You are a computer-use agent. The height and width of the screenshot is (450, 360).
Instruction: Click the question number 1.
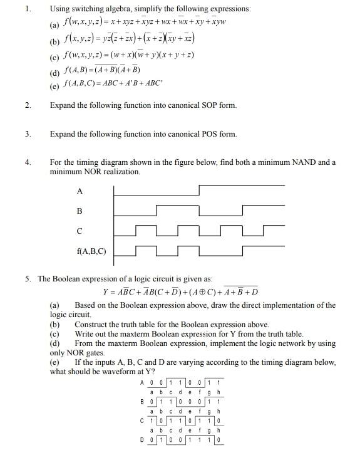(x=28, y=9)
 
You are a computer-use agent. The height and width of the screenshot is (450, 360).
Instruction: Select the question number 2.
(x=28, y=105)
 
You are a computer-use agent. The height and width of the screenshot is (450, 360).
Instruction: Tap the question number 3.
(x=28, y=134)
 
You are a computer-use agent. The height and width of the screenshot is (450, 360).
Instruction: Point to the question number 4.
(x=28, y=162)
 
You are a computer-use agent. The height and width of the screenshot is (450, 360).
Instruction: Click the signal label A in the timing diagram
(x=80, y=191)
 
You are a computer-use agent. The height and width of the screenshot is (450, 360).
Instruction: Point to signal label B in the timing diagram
(x=80, y=211)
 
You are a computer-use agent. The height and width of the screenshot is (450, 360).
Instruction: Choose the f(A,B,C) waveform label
(x=91, y=252)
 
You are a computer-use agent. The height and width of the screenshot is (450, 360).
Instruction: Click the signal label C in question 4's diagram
(x=80, y=231)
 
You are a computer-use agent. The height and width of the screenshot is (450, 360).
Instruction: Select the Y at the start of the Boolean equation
(x=106, y=293)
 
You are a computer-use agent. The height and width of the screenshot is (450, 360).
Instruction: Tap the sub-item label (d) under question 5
(x=55, y=343)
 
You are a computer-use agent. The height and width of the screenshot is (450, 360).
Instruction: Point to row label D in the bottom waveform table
(x=143, y=440)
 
